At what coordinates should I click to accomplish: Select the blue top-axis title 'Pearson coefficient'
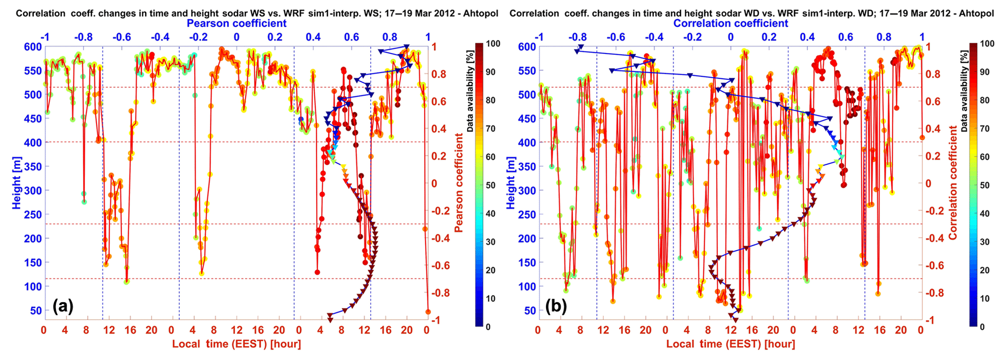[237, 23]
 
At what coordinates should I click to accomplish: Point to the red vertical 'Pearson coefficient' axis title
[459, 182]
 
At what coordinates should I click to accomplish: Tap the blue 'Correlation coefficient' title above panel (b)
[731, 23]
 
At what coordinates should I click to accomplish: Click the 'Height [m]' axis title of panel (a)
[17, 183]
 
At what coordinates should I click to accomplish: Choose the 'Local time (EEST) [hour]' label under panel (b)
[731, 344]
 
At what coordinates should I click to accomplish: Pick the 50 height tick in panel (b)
[527, 310]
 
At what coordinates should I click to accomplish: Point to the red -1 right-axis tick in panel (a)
[436, 320]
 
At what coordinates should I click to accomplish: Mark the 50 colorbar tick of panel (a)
[491, 185]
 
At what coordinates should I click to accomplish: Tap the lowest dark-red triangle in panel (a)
[330, 319]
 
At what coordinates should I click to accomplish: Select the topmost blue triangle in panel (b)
[581, 47]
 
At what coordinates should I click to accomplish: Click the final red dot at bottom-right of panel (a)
[428, 312]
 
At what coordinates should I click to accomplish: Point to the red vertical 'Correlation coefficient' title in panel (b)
[953, 182]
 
